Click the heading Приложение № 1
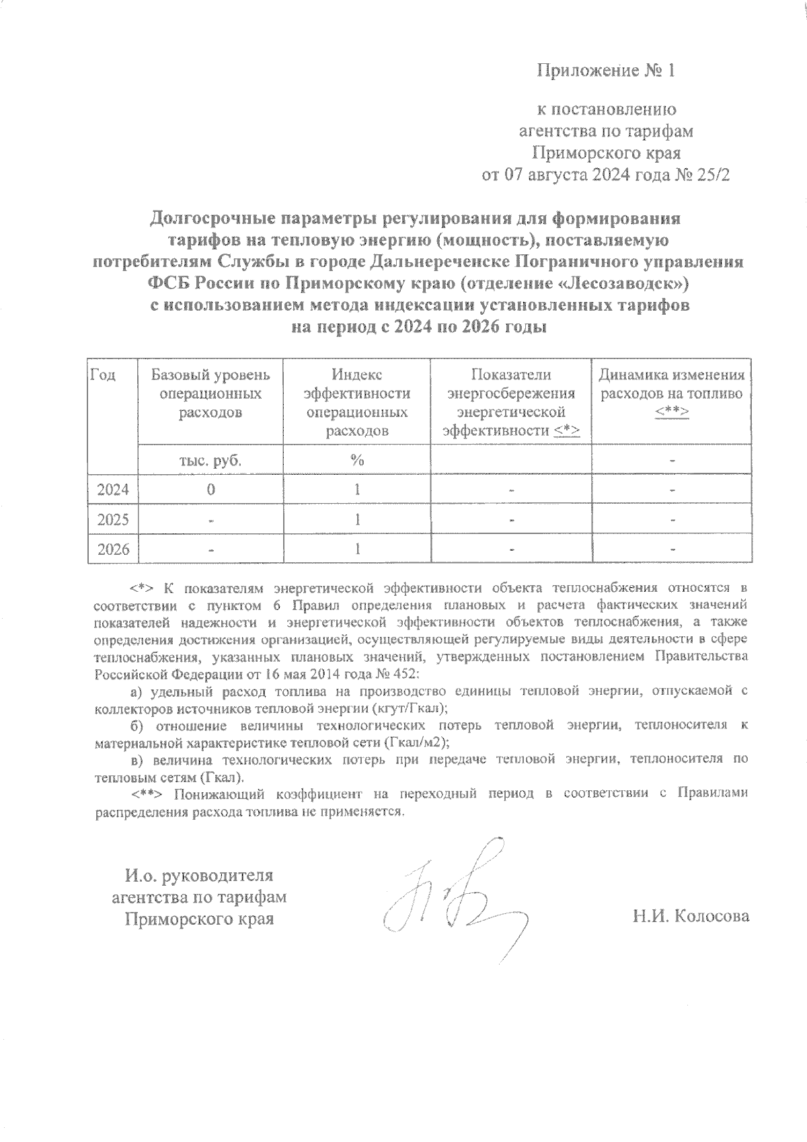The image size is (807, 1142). (605, 71)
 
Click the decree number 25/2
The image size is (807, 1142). (712, 176)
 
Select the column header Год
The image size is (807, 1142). (103, 375)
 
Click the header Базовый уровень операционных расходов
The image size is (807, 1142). (210, 393)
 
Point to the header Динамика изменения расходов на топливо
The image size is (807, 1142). (671, 393)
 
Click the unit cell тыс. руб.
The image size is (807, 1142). (210, 461)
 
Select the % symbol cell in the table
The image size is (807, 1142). (356, 461)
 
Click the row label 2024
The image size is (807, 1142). (113, 489)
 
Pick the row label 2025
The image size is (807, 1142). (113, 519)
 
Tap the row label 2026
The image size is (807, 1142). (113, 549)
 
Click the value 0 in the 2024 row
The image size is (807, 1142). (210, 489)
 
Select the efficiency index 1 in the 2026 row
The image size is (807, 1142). (356, 549)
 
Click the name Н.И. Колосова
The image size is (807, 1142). (690, 916)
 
